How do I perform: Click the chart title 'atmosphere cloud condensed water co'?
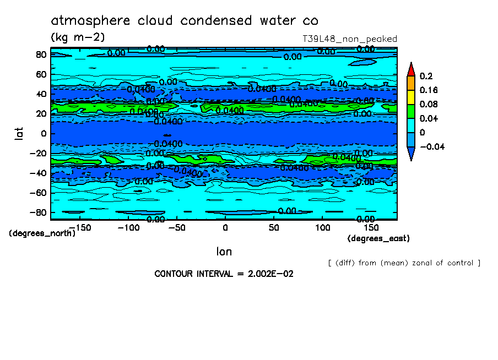point(185,21)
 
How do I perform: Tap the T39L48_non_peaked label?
point(350,39)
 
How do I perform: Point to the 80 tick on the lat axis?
point(40,54)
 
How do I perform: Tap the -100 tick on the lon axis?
point(128,227)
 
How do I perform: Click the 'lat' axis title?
point(19,133)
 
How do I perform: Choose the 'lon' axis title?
point(224,252)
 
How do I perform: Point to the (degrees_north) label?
point(42,233)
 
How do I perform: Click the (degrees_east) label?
point(378,238)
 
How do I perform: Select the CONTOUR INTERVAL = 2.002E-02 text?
point(224,274)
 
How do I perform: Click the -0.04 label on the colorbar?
point(432,146)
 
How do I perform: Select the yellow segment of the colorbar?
point(410,97)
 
